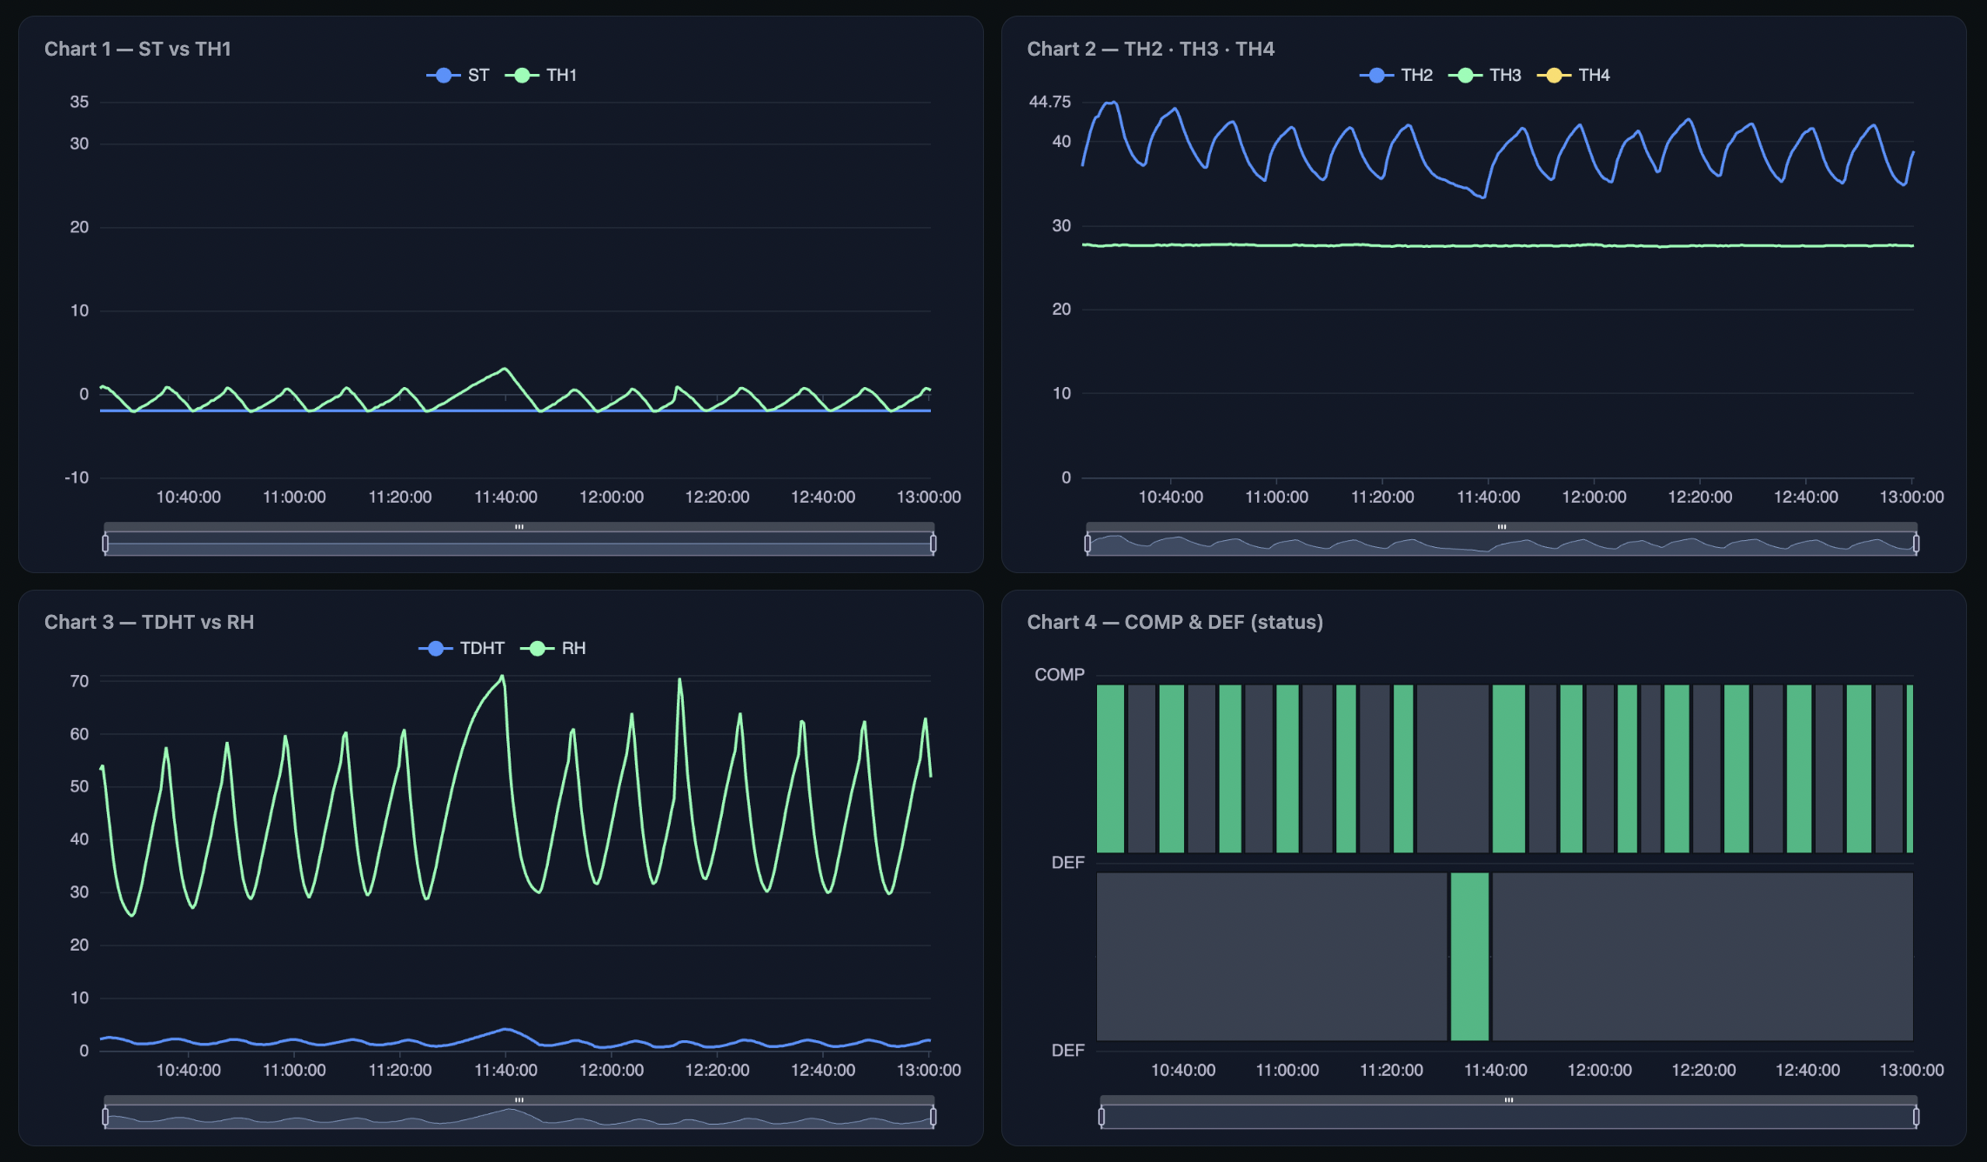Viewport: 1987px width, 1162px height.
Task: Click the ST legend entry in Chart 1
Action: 459,76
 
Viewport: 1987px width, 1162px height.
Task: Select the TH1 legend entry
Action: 543,76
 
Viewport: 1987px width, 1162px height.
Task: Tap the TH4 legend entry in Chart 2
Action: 1575,76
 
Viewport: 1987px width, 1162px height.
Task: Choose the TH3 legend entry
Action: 1486,76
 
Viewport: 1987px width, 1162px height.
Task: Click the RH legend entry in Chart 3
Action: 554,649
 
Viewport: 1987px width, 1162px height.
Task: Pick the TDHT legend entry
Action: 463,649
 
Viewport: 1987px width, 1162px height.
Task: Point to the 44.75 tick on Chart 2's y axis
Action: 1049,102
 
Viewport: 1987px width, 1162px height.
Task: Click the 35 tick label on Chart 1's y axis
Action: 79,102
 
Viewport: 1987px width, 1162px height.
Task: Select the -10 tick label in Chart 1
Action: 77,477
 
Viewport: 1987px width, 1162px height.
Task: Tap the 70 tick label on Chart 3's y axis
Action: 79,681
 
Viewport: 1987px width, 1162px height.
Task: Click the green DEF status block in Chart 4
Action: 1469,957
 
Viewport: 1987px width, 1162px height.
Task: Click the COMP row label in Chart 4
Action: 1059,675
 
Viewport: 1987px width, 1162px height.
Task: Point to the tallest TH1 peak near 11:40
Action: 505,370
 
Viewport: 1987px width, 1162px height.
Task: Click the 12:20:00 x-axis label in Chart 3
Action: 717,1071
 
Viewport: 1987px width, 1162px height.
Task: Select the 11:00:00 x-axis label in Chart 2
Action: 1276,498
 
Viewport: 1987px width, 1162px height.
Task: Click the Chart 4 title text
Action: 1174,623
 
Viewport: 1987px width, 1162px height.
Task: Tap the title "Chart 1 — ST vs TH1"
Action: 137,50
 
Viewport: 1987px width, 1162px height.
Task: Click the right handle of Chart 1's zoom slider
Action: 933,544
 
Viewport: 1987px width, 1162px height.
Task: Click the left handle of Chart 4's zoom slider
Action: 1101,1117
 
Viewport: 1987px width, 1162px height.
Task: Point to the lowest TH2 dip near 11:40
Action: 1482,197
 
